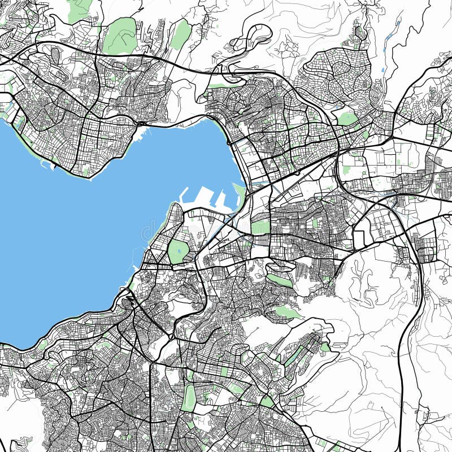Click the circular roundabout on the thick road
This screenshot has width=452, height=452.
(171, 337)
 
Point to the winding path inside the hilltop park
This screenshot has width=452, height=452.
(120, 36)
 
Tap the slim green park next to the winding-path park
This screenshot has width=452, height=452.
(181, 34)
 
